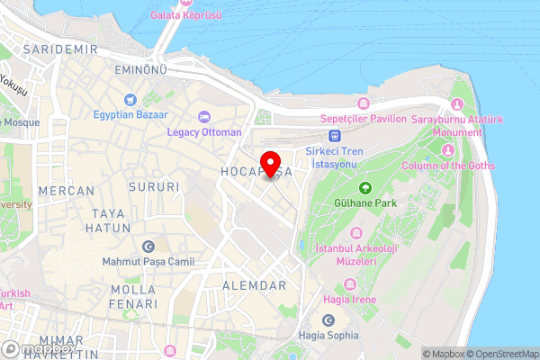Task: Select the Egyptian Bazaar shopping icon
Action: click(x=130, y=99)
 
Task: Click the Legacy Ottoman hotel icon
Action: click(x=204, y=116)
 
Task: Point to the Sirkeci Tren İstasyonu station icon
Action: click(x=335, y=135)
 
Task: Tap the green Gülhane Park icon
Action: click(x=365, y=188)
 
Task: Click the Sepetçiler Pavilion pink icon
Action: click(x=364, y=103)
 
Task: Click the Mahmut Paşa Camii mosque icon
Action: click(x=148, y=246)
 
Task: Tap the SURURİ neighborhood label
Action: click(x=154, y=186)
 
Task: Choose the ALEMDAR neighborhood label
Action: click(x=252, y=285)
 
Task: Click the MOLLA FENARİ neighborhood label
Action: click(x=133, y=297)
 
